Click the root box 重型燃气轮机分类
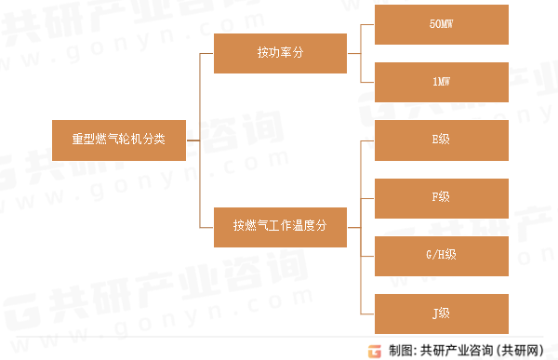(119, 140)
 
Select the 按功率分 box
(280, 53)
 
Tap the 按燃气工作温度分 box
(280, 225)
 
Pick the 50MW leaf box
(441, 24)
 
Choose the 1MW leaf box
(441, 82)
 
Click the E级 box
(441, 140)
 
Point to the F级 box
(441, 197)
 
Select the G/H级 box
(441, 254)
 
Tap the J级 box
(441, 312)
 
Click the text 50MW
(441, 24)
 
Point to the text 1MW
(441, 82)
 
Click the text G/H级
(441, 254)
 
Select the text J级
(441, 312)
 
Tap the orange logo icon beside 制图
(375, 350)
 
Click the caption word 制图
(402, 350)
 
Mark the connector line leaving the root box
(193, 140)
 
